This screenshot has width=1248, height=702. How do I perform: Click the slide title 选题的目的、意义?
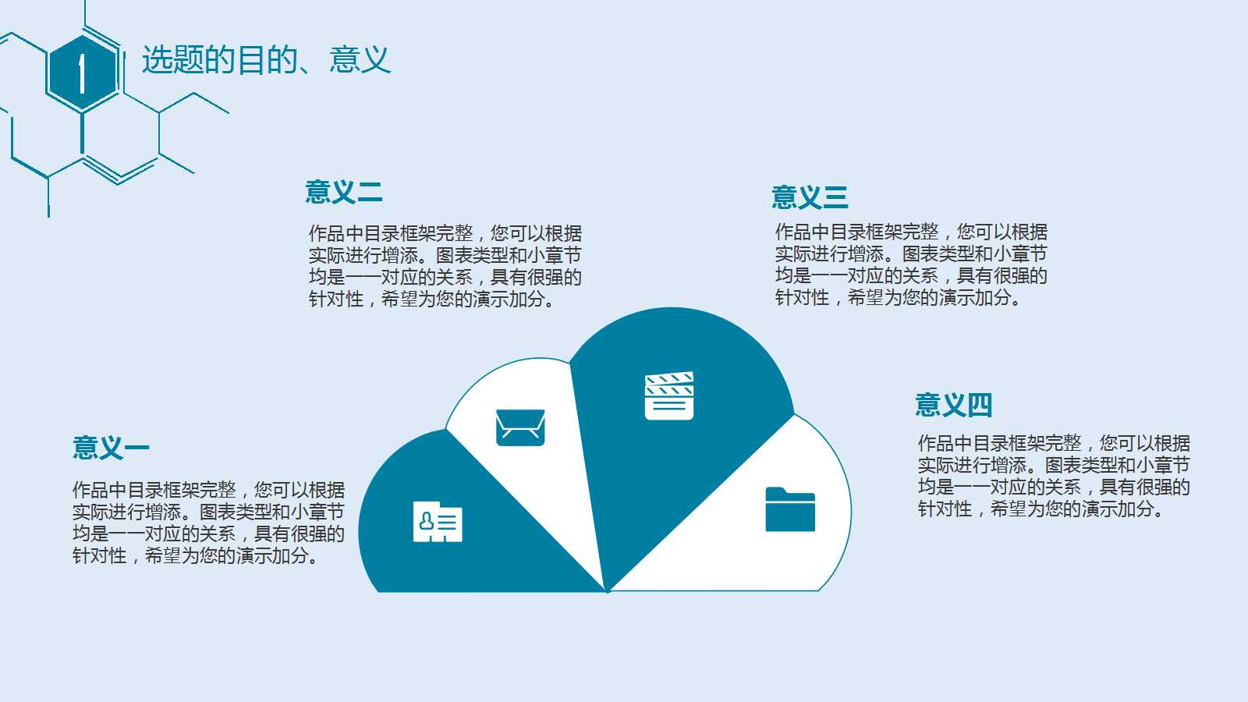[265, 60]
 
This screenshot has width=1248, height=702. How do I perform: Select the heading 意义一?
[111, 448]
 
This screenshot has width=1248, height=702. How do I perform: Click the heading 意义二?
[343, 192]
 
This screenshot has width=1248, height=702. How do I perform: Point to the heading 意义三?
[810, 197]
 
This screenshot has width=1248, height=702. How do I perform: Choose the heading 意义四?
[953, 406]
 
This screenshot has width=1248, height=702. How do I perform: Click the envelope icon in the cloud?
[520, 427]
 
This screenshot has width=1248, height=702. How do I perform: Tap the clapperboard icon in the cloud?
[669, 396]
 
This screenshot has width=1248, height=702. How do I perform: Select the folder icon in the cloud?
[790, 509]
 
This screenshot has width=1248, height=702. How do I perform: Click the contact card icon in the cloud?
[438, 522]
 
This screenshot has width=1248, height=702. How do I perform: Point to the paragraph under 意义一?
[208, 523]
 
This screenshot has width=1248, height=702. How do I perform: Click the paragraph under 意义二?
[445, 266]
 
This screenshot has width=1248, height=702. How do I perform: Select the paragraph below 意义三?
[911, 264]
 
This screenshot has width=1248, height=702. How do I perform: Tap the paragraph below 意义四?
[1054, 476]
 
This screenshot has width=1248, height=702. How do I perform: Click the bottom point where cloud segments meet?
[608, 591]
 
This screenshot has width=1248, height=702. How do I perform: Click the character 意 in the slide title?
[344, 60]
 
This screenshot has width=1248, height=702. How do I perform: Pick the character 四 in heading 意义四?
[979, 406]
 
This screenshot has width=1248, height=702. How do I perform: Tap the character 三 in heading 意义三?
[835, 197]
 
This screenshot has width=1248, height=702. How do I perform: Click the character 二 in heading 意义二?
[369, 192]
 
